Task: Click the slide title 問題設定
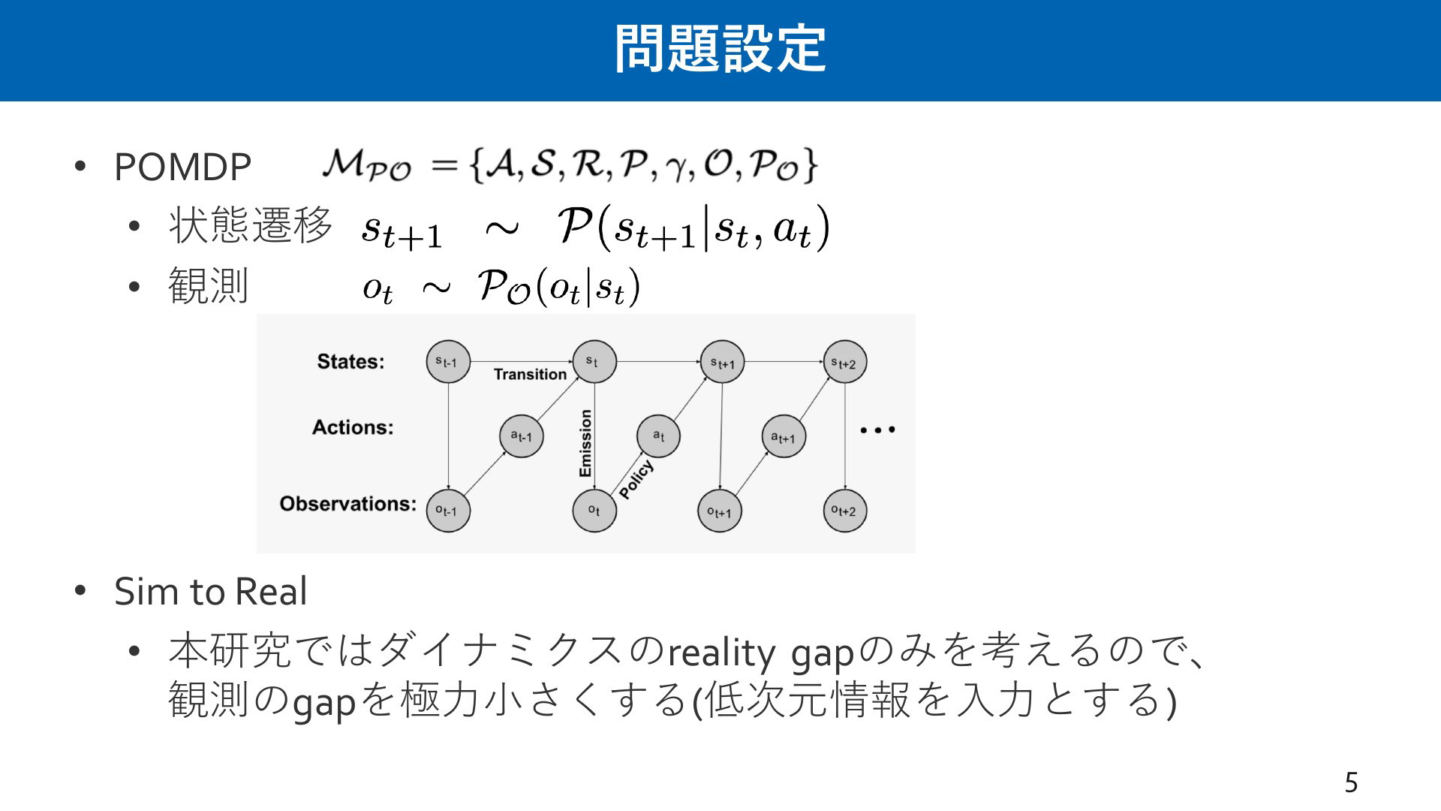[720, 49]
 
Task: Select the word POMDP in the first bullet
[182, 167]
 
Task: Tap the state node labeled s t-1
[448, 362]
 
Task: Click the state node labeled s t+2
[844, 362]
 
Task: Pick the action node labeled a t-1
[522, 436]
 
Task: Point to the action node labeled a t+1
[784, 436]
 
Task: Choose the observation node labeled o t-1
[448, 511]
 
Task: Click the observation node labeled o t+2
[844, 511]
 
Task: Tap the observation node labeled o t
[594, 511]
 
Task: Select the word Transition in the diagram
[531, 374]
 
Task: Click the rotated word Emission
[585, 443]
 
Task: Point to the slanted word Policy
[636, 479]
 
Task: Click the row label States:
[350, 361]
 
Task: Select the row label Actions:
[353, 427]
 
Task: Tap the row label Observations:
[347, 503]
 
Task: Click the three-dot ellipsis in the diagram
[877, 430]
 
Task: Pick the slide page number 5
[1351, 782]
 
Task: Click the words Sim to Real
[211, 592]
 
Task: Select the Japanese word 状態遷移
[251, 225]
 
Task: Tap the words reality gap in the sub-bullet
[761, 653]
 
